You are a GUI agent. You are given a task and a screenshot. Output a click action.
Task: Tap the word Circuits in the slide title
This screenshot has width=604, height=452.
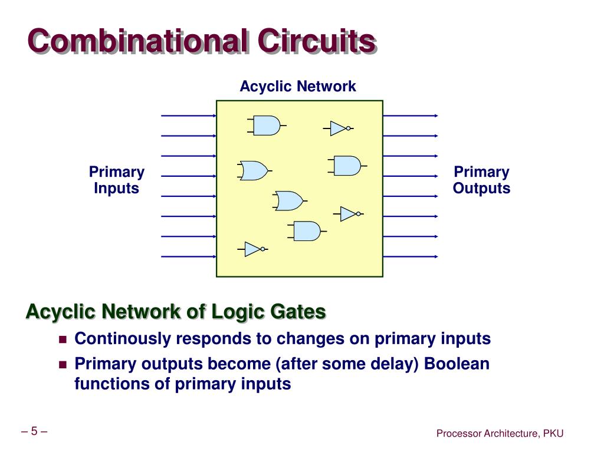317,42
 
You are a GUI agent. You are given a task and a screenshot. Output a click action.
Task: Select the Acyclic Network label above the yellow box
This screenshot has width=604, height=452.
297,87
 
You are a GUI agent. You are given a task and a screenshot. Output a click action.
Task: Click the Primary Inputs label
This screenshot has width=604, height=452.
116,180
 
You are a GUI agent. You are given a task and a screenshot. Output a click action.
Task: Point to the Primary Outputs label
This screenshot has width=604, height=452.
481,180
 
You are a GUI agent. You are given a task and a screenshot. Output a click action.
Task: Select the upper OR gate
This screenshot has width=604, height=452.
254,171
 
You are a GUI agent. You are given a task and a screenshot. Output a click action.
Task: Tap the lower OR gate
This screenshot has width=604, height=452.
288,201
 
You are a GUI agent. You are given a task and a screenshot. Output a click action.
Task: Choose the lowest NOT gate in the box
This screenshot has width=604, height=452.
253,249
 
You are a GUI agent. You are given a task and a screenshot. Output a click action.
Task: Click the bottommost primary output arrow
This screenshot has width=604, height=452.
411,256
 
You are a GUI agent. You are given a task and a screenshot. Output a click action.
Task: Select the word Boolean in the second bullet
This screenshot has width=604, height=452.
457,364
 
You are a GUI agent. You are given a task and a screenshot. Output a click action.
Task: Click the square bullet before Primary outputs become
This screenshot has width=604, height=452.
63,364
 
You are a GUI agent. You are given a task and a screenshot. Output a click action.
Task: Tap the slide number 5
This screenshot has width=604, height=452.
34,431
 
